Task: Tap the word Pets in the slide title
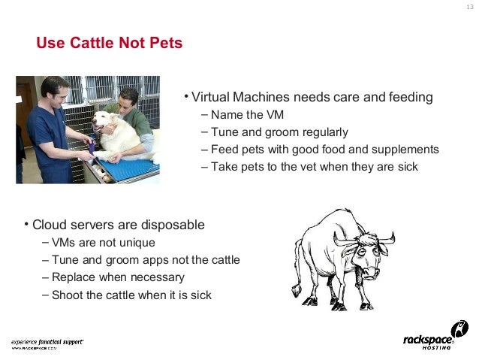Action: pos(165,44)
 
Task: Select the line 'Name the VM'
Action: pos(247,115)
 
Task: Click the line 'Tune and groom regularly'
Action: pos(279,132)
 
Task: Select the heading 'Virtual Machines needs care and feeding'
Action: pos(312,98)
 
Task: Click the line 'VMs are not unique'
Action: pos(104,243)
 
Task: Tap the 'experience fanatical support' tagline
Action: pos(47,341)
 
